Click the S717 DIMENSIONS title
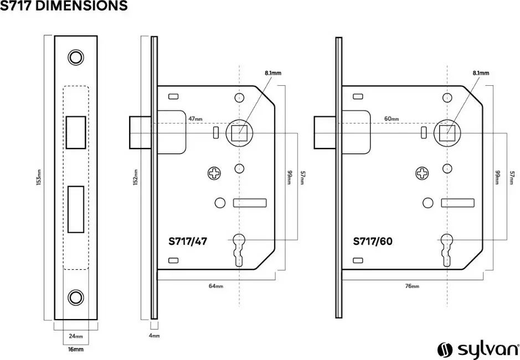tap(64, 7)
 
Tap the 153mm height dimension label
tap(39, 178)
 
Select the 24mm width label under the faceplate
tap(75, 337)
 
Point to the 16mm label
tap(75, 349)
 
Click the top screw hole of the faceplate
tap(75, 57)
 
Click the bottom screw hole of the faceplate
tap(75, 297)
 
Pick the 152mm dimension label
tap(136, 177)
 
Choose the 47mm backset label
tap(195, 119)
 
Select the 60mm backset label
tap(392, 119)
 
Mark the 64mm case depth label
tap(216, 286)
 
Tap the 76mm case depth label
tap(412, 286)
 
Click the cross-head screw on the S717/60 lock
tap(422, 174)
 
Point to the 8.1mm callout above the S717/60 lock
tap(481, 73)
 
